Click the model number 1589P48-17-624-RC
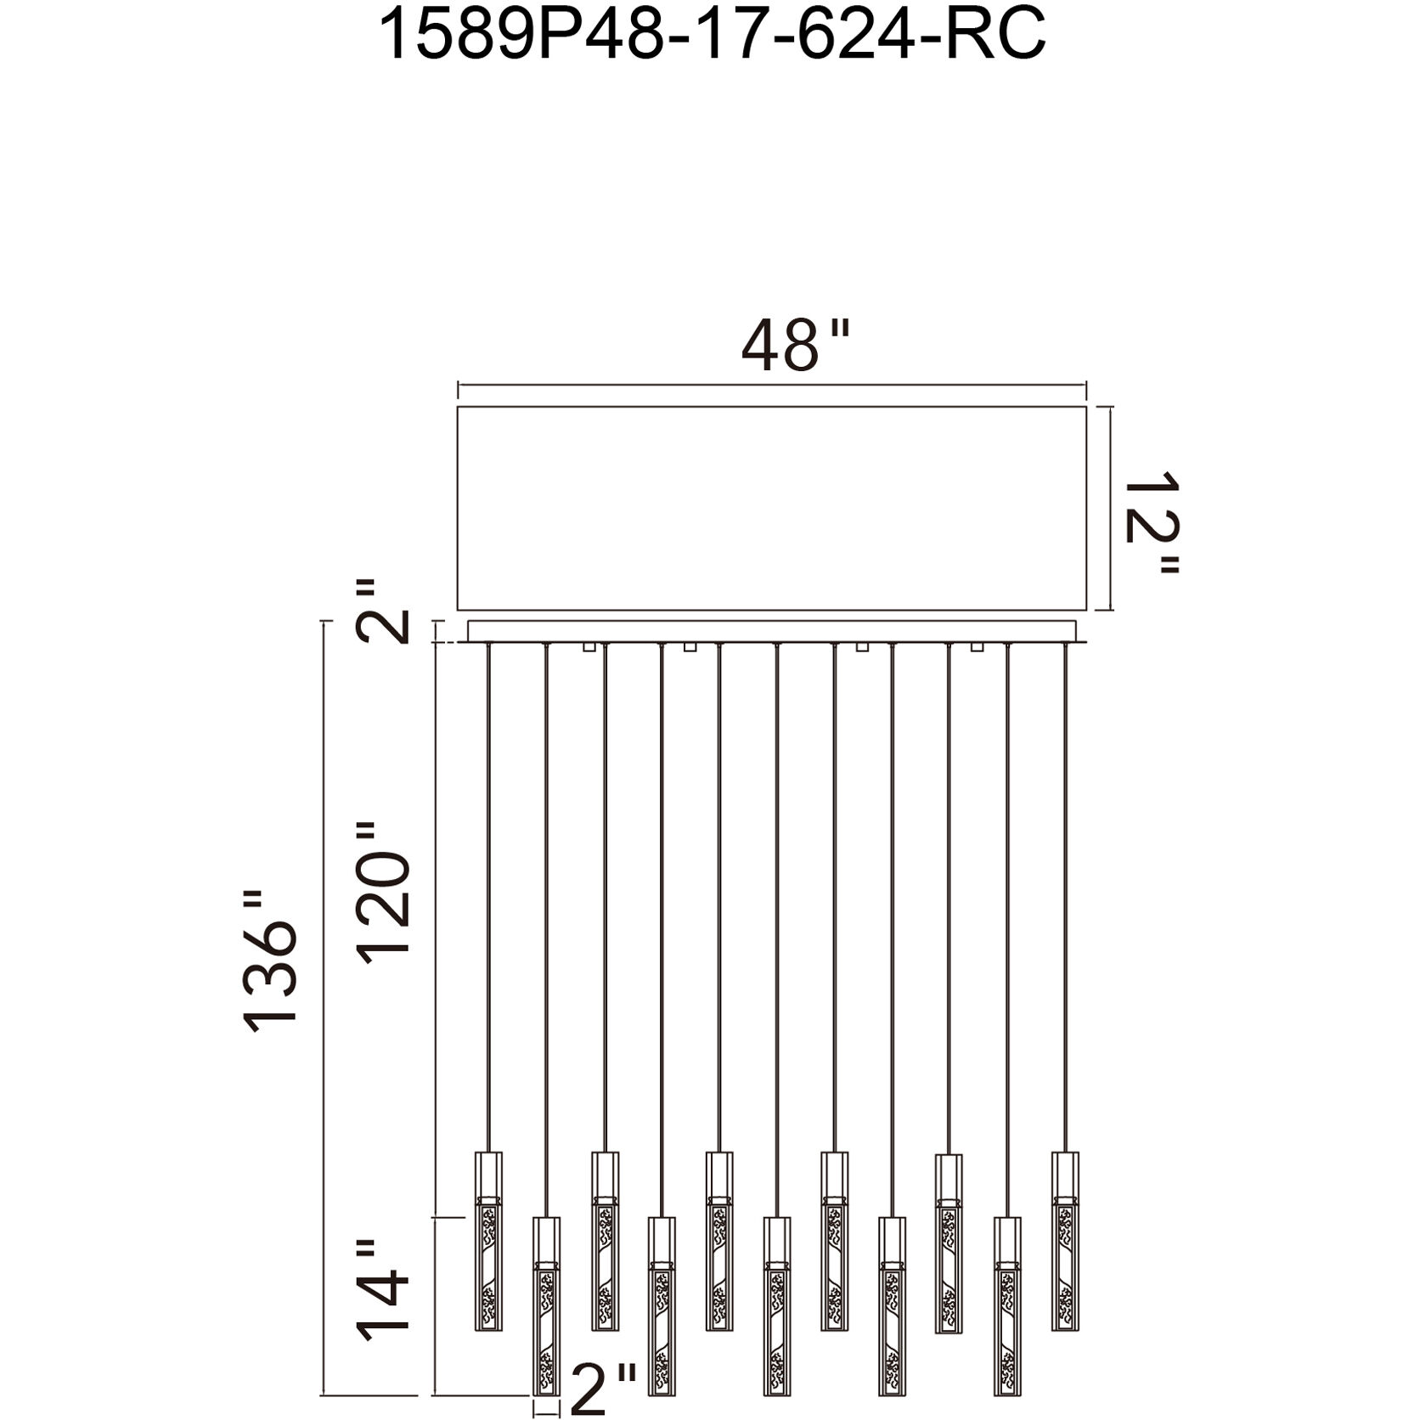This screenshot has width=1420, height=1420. (x=711, y=36)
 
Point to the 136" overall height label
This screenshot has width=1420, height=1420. (x=270, y=961)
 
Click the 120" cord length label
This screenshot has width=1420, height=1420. (x=382, y=893)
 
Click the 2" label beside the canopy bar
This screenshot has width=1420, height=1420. (x=382, y=611)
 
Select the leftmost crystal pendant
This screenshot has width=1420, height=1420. (x=487, y=1241)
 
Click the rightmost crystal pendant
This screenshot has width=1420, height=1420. (x=1065, y=1241)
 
